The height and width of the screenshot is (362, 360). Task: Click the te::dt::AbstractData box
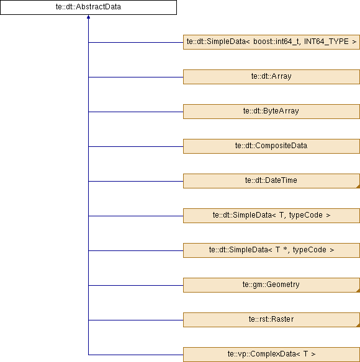[x=88, y=7]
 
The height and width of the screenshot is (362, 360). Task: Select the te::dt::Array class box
[x=271, y=77]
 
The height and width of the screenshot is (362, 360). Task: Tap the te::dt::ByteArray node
[x=271, y=112]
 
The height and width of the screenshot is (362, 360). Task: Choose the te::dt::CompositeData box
[x=271, y=146]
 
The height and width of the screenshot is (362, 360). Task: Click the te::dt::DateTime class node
[x=271, y=181]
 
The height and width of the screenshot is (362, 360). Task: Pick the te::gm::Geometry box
[x=271, y=285]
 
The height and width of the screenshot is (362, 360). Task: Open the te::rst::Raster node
[x=271, y=320]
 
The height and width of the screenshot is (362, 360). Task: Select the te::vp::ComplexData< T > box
[x=271, y=355]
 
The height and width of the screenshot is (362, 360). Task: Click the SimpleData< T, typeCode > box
[x=271, y=216]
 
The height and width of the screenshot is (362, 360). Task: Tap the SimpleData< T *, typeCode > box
[x=271, y=250]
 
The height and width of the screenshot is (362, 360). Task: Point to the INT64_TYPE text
[x=326, y=42]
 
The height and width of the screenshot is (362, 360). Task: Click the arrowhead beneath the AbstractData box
[x=88, y=17]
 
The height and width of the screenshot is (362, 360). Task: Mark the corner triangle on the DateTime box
[x=358, y=187]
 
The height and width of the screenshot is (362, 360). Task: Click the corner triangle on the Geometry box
[x=358, y=291]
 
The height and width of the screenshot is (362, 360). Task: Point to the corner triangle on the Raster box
[x=358, y=325]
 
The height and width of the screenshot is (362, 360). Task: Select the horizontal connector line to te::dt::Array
[x=136, y=77]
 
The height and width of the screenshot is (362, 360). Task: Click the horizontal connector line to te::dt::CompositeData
[x=136, y=146]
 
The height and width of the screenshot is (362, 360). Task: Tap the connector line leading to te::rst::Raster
[x=136, y=320]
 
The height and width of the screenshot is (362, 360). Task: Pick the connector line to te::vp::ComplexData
[x=136, y=355]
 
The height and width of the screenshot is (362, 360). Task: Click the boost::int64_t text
[x=277, y=42]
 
